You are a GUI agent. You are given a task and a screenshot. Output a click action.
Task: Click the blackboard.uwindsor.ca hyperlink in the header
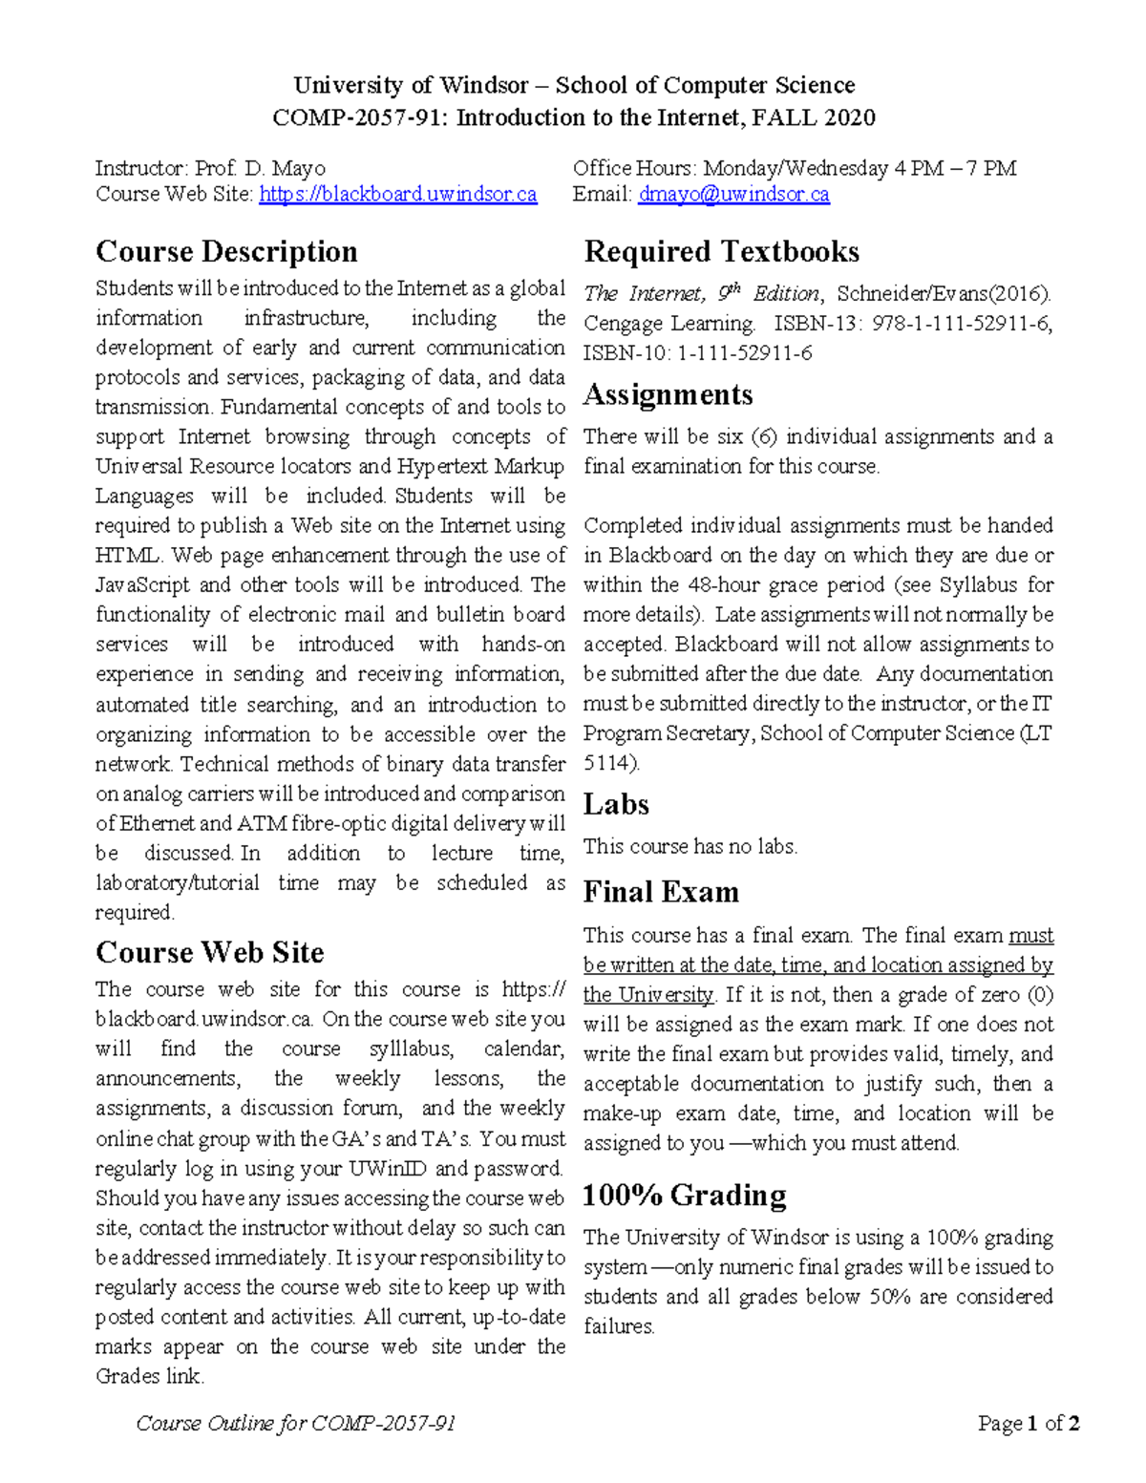coord(397,195)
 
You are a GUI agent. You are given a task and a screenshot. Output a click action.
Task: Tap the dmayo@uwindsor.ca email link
coord(733,195)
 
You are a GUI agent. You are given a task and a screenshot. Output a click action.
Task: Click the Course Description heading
coord(226,251)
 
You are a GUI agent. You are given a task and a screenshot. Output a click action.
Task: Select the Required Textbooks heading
coord(721,251)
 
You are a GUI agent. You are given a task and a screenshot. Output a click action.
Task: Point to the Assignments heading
coord(668,394)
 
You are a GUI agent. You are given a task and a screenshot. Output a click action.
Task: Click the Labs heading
coord(616,804)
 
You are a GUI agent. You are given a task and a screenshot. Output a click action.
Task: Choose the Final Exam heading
coord(661,892)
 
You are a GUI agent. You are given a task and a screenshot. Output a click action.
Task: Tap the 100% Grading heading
coord(685,1195)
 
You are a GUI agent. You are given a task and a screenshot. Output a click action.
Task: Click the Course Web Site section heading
coord(209,952)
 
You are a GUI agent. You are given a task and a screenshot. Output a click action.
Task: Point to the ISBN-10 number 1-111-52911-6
coord(745,353)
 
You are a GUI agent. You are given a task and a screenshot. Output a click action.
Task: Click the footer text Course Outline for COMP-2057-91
coord(295,1424)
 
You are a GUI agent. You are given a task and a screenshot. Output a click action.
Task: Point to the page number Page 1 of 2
coord(1029,1424)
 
